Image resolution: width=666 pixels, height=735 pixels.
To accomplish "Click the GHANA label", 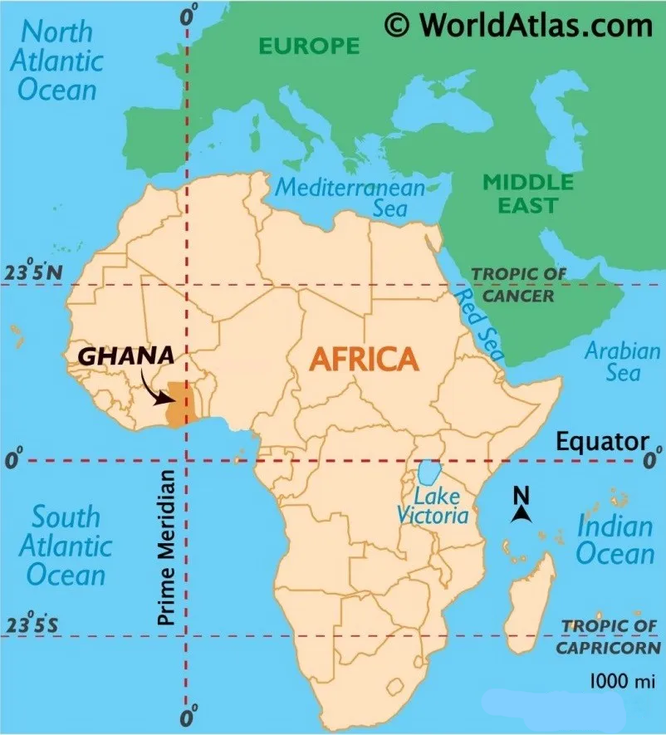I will [x=126, y=355].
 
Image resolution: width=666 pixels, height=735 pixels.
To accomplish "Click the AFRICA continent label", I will [x=363, y=360].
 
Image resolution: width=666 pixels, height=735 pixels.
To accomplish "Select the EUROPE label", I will [x=310, y=45].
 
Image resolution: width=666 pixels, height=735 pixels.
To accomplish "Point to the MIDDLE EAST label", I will [x=528, y=193].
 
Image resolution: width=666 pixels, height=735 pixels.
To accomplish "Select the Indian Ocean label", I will [x=615, y=539].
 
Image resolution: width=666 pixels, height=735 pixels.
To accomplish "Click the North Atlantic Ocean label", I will [x=61, y=61].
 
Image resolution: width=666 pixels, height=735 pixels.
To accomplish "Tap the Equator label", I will [x=602, y=440].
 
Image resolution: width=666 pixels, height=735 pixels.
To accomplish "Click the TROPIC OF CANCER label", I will [x=519, y=285].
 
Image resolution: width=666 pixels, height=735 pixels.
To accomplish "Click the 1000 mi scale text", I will [x=622, y=681].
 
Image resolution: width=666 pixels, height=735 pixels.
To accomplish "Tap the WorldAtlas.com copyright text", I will [x=519, y=25].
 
